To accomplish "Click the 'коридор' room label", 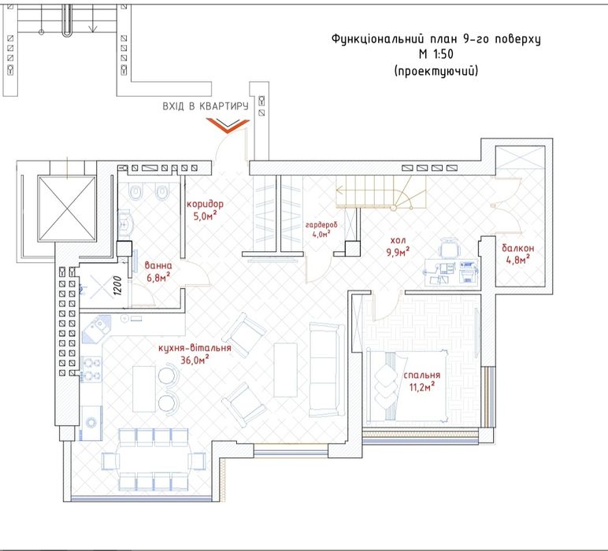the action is tap(205, 204).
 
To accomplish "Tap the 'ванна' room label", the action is tap(158, 266).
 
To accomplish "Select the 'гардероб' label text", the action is tap(321, 225).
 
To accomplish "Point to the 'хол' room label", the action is tap(399, 240).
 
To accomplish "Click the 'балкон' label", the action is tap(518, 248).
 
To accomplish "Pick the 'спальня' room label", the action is tap(422, 375).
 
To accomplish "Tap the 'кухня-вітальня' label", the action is tap(195, 348).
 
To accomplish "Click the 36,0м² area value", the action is tap(195, 360).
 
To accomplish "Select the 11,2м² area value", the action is tap(422, 386).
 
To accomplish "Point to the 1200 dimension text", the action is tap(118, 286).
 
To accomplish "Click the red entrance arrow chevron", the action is tap(228, 125).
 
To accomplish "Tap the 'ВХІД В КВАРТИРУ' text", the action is tap(206, 106).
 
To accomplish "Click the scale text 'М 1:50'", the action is tap(436, 54).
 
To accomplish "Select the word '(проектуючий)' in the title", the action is tap(436, 71).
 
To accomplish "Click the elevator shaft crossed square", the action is tap(67, 209).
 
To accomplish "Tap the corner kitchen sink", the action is tap(95, 328).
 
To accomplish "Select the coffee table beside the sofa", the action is tap(286, 370).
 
